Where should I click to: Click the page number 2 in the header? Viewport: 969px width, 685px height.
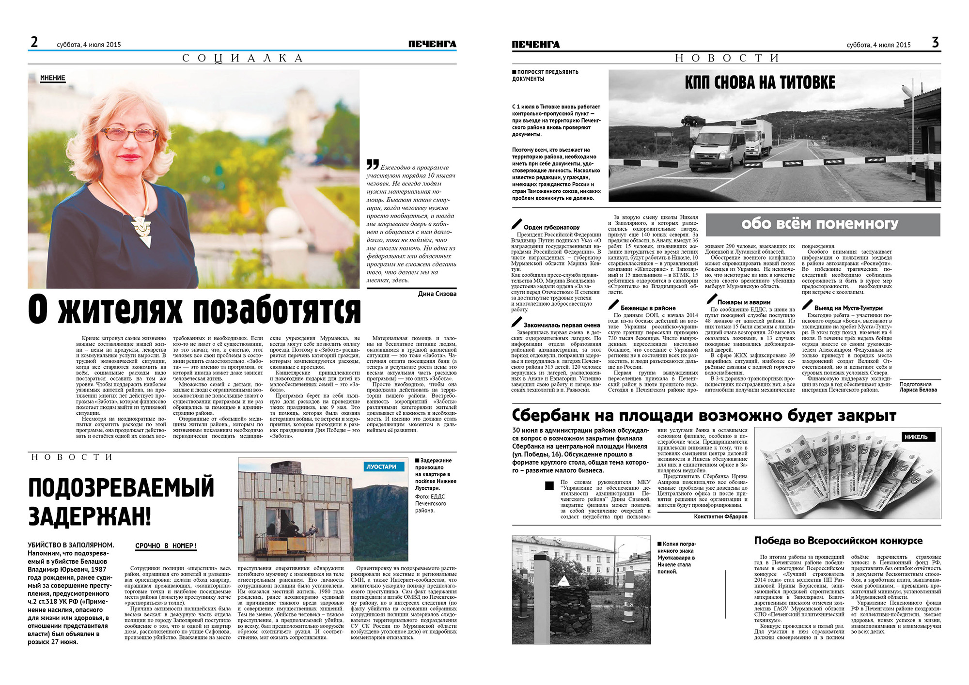coord(34,42)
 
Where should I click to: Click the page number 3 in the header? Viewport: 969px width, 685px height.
coord(935,42)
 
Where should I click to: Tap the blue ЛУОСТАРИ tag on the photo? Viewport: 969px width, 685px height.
coord(381,467)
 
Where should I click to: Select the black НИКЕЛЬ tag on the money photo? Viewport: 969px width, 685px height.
coord(916,436)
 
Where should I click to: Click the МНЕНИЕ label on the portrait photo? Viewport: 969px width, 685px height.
coord(52,78)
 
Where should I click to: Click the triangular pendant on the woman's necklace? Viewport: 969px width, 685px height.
coord(142,232)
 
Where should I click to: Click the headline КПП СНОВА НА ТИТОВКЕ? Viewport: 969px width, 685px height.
coord(760,83)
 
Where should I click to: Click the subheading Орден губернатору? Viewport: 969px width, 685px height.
coord(551,227)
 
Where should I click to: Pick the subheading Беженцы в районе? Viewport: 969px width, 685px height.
coord(648,308)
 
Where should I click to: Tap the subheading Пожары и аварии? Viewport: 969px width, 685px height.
coord(744,302)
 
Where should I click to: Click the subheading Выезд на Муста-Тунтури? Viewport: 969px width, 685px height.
coord(848,308)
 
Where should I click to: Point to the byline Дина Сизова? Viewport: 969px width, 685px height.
coord(437,294)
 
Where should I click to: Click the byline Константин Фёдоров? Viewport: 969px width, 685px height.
coord(720,516)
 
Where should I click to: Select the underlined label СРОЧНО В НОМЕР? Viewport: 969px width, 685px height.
coord(166,546)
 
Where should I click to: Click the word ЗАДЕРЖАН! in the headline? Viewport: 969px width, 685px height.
coord(90,515)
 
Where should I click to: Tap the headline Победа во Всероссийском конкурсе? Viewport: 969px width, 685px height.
coord(838,541)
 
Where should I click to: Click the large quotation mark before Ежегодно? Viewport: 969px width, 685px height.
coord(372,165)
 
